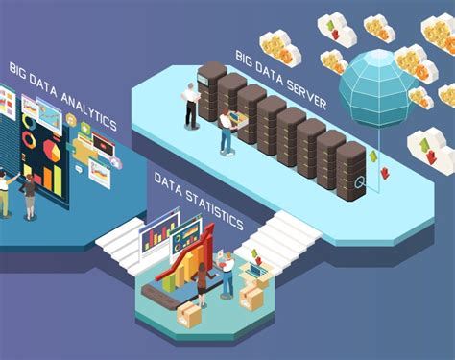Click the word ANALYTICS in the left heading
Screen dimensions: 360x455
pyautogui.click(x=88, y=110)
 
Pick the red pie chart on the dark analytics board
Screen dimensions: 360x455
pyautogui.click(x=52, y=151)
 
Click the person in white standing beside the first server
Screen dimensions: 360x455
pyautogui.click(x=191, y=105)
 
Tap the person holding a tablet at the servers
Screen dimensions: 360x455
pyautogui.click(x=227, y=130)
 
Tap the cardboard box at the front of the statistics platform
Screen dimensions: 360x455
pyautogui.click(x=188, y=314)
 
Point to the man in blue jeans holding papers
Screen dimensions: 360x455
pyautogui.click(x=227, y=275)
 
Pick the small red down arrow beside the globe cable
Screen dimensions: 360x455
pyautogui.click(x=385, y=173)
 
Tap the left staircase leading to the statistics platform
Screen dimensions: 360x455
pyautogui.click(x=120, y=246)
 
